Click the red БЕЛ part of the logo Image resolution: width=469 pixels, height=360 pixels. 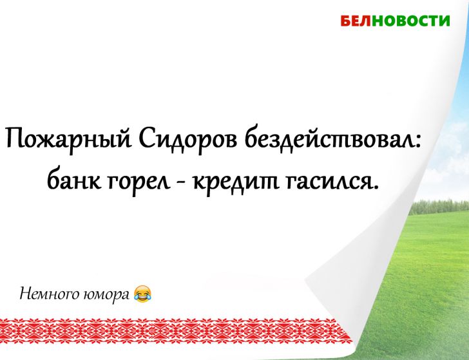354,21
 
